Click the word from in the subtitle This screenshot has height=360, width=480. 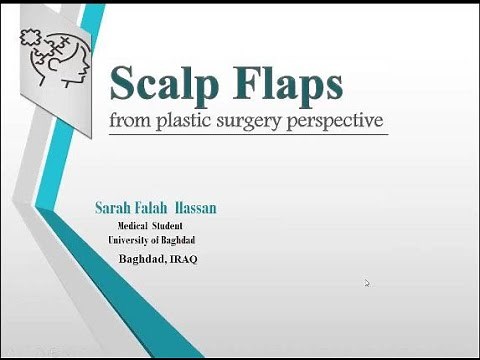tap(140, 124)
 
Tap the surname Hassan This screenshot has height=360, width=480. tap(199, 208)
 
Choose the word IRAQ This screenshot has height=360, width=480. tap(182, 261)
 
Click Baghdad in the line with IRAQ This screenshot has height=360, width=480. tap(140, 261)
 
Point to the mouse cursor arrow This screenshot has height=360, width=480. tap(367, 283)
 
